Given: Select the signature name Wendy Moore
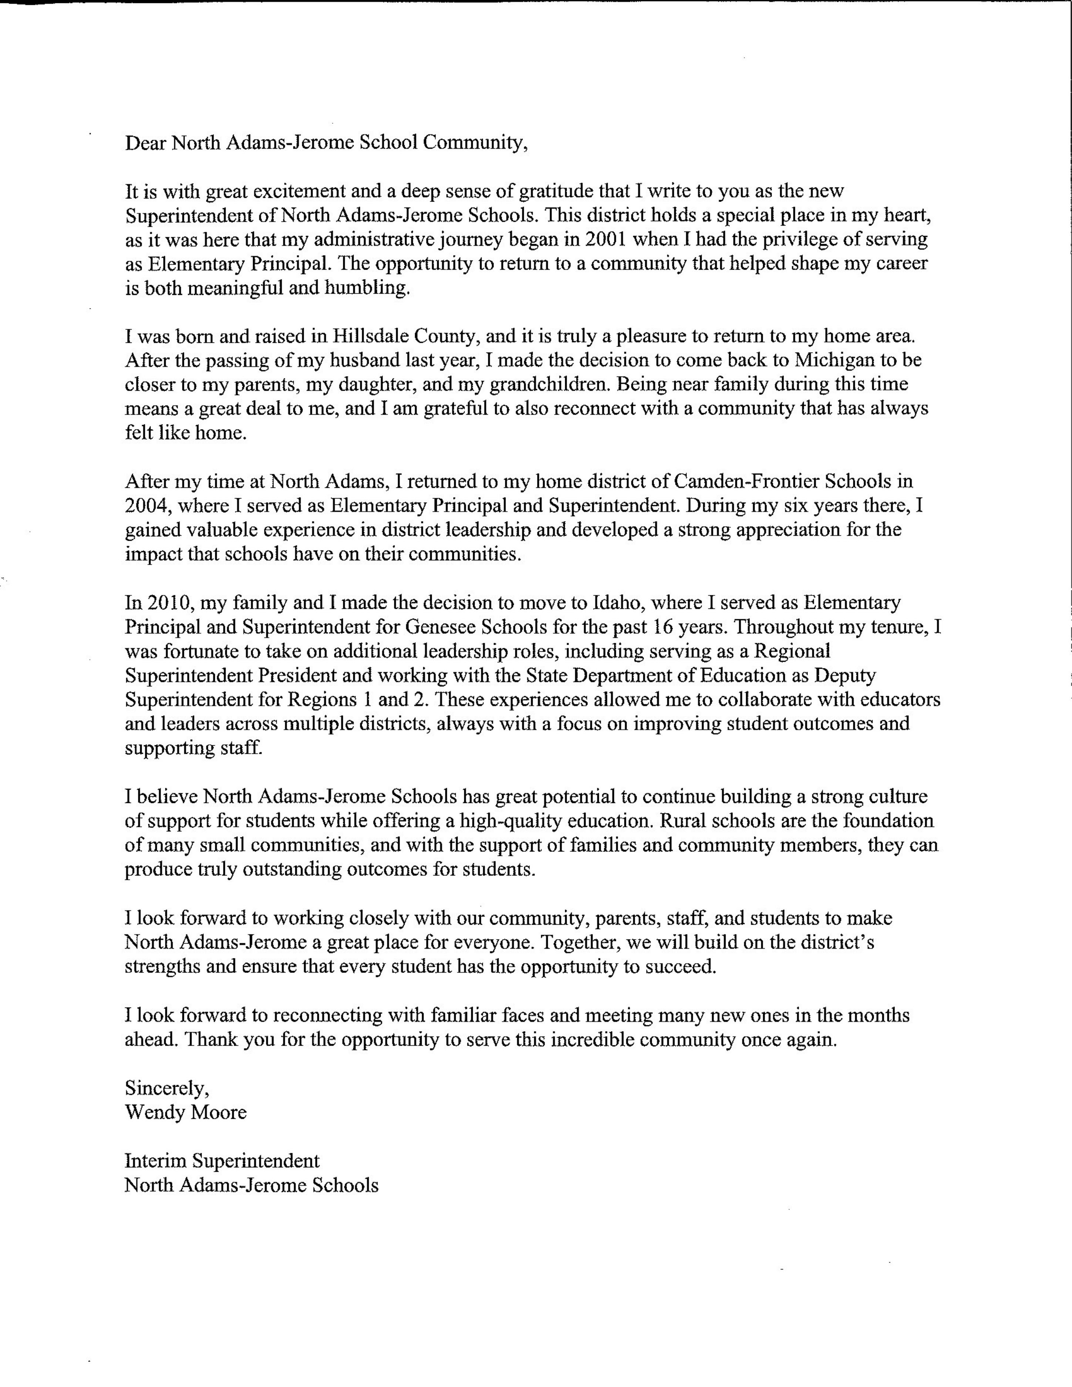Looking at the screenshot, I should [185, 1113].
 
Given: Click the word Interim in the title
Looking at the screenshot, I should [156, 1161].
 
